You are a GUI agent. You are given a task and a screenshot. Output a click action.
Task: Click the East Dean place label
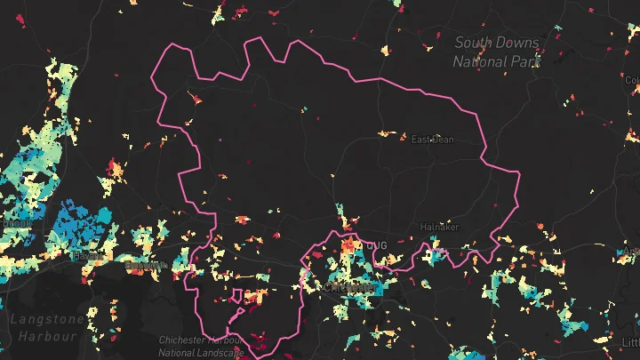432,139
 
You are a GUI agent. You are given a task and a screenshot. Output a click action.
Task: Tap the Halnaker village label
439,227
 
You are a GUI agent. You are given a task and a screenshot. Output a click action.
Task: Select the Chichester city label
340,288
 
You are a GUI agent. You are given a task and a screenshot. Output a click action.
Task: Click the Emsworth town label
142,266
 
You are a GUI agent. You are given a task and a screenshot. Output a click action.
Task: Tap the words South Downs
498,42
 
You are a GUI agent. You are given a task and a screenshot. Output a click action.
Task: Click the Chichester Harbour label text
201,340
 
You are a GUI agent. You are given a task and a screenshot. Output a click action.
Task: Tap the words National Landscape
201,353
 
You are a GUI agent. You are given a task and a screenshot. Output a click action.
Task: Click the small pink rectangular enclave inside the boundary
238,297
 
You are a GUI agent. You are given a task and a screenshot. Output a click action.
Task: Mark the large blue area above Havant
84,227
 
